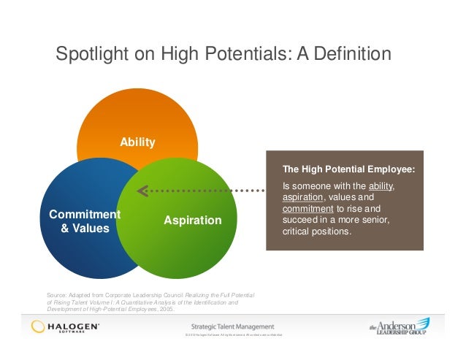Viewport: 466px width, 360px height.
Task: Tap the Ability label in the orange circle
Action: tap(138, 142)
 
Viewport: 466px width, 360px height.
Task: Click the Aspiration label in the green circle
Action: tap(193, 220)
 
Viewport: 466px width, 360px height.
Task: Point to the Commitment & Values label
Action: tap(84, 221)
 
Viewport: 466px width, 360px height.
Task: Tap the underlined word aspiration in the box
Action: tap(306, 197)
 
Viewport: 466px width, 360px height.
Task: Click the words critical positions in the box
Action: tap(316, 232)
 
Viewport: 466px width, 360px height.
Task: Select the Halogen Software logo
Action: tap(65, 326)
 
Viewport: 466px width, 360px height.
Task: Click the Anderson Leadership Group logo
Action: tap(398, 326)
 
